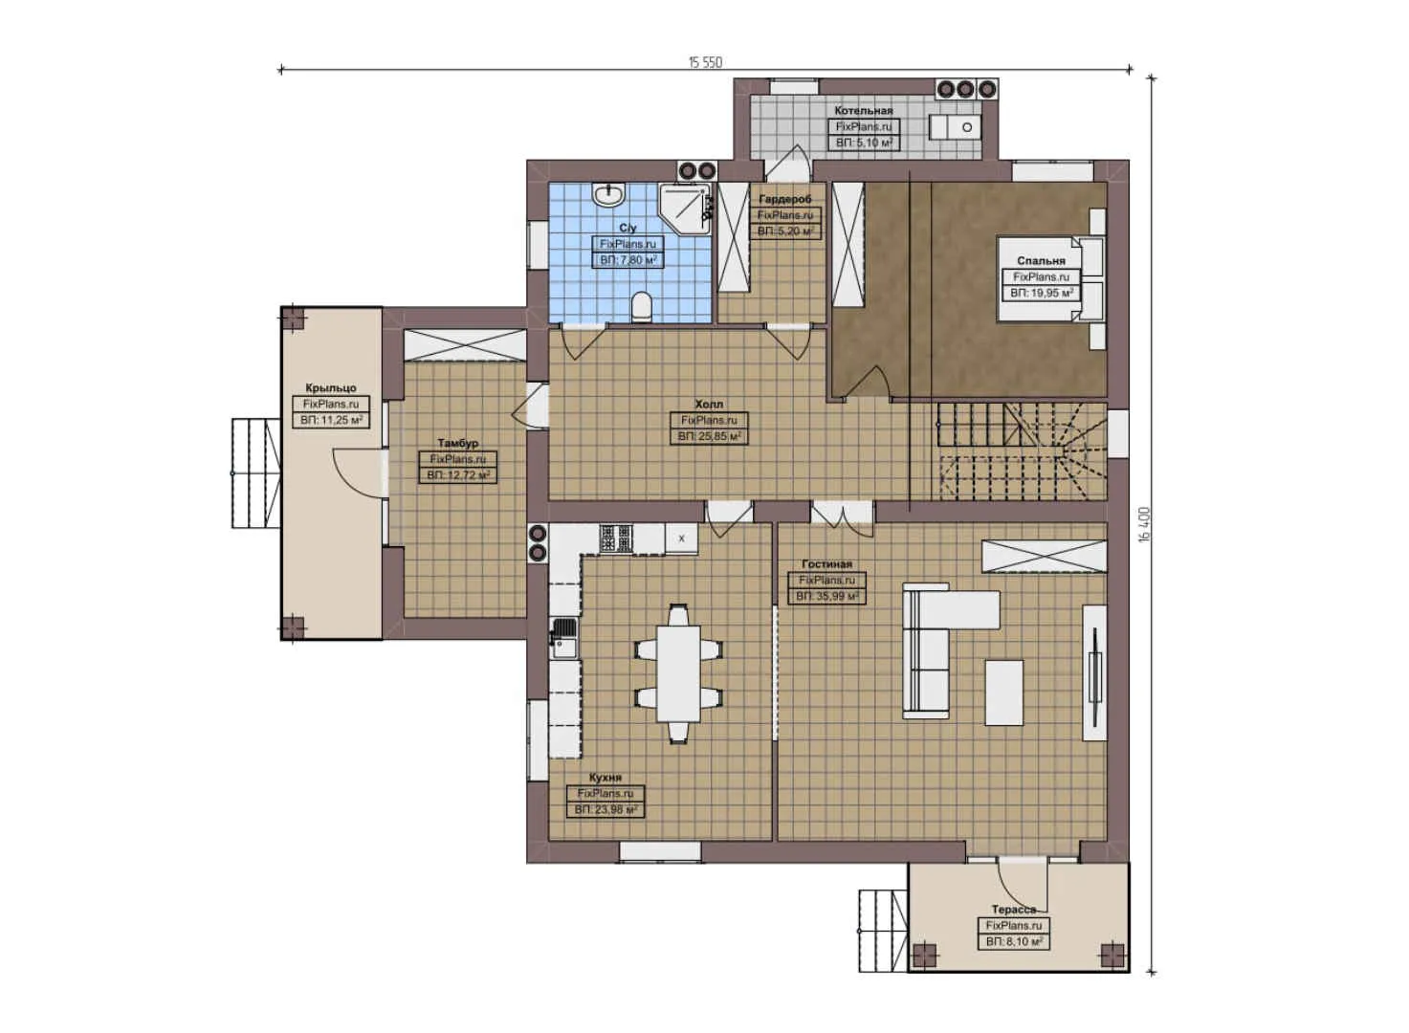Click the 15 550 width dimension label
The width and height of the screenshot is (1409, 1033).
click(x=705, y=62)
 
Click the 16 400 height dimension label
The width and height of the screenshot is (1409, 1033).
click(x=1144, y=523)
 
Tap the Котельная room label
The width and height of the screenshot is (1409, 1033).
click(x=863, y=111)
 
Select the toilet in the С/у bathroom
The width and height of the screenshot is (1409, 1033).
click(x=642, y=307)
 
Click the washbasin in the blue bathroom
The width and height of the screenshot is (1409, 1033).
click(x=608, y=195)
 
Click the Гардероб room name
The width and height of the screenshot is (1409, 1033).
click(x=784, y=199)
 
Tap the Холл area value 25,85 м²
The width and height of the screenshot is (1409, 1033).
click(x=709, y=436)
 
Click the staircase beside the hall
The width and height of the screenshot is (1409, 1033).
click(x=1017, y=450)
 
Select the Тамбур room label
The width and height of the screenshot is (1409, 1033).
click(x=458, y=444)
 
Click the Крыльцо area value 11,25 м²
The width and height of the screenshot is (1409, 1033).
click(x=331, y=420)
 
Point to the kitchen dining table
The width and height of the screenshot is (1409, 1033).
click(x=678, y=672)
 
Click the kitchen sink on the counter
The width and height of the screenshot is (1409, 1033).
click(x=563, y=638)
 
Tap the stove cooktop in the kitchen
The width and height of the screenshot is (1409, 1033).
click(x=616, y=538)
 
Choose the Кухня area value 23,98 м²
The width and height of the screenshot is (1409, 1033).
click(x=606, y=810)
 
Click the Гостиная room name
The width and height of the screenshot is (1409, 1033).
click(x=826, y=564)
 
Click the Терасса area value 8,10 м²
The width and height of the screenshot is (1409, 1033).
click(x=1013, y=942)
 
